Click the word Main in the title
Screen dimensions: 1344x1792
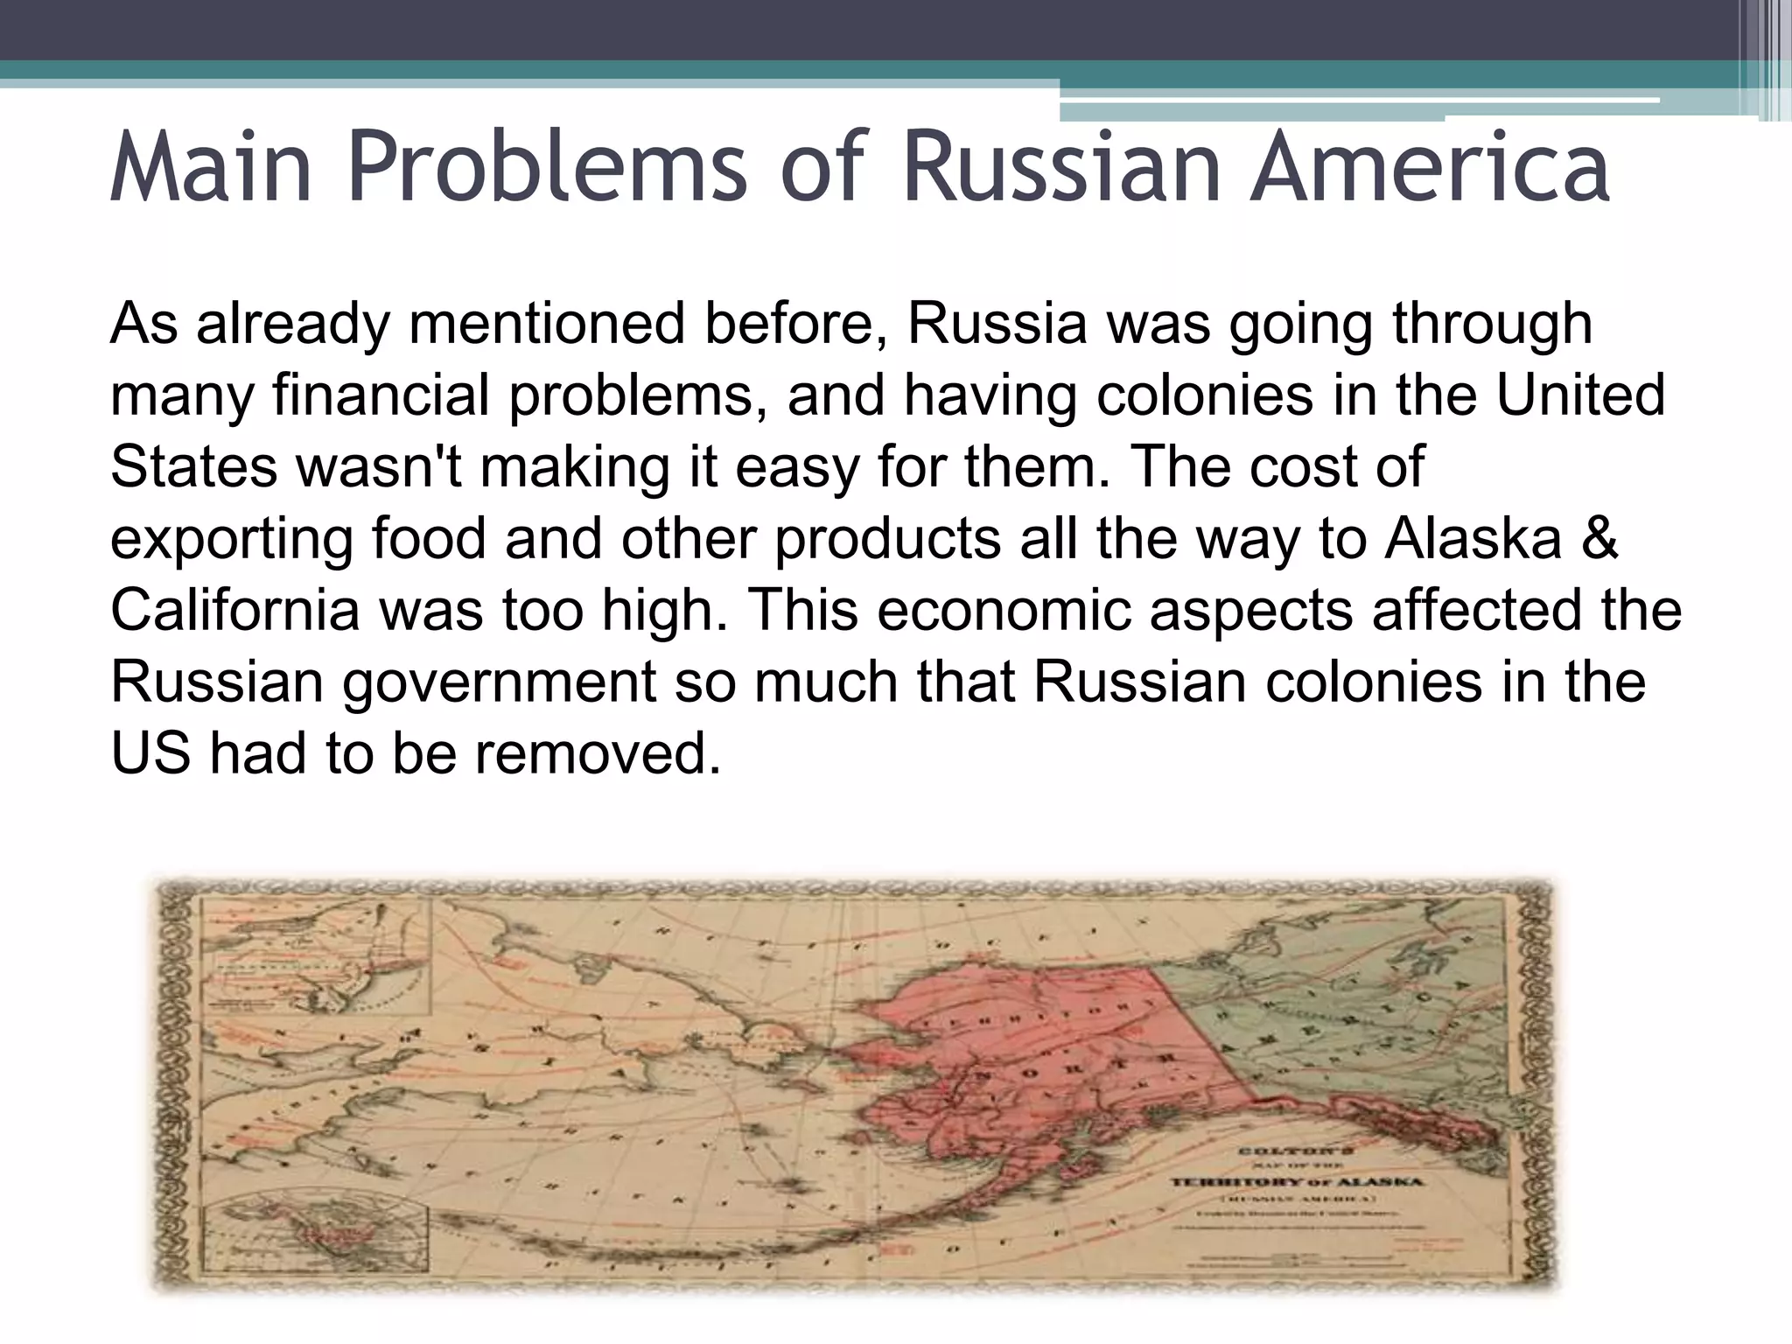[x=211, y=166]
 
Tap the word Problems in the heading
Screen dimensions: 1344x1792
[x=547, y=166]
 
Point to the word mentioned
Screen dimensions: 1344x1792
[x=546, y=324]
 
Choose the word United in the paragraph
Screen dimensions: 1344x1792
[x=1580, y=395]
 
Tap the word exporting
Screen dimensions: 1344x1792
[x=232, y=539]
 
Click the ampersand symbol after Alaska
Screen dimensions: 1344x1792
[x=1600, y=539]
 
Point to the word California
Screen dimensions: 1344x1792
[x=234, y=611]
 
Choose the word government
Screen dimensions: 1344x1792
[x=499, y=682]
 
